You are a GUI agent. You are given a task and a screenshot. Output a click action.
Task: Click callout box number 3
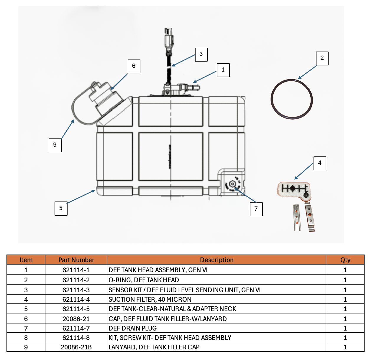201,55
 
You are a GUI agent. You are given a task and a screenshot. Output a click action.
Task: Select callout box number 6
134,66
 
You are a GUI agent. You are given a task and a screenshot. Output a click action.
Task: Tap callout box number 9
55,145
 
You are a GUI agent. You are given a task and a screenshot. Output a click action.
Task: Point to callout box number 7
256,209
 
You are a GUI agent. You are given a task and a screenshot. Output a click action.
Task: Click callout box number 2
322,58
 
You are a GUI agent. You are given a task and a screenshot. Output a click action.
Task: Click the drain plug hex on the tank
232,184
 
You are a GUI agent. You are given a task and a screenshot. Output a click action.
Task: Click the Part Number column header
76,260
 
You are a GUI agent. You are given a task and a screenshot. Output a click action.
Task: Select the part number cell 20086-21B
76,347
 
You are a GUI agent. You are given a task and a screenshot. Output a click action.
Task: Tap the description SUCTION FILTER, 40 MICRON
150,299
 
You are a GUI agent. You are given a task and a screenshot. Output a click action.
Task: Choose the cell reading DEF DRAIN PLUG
133,328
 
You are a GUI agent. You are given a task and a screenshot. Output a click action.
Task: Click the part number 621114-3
76,290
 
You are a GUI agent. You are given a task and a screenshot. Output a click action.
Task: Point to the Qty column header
345,260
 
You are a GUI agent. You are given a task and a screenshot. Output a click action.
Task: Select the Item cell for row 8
26,338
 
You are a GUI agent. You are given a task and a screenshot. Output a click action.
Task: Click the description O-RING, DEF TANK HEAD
144,280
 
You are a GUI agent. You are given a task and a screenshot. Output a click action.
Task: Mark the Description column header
216,260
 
